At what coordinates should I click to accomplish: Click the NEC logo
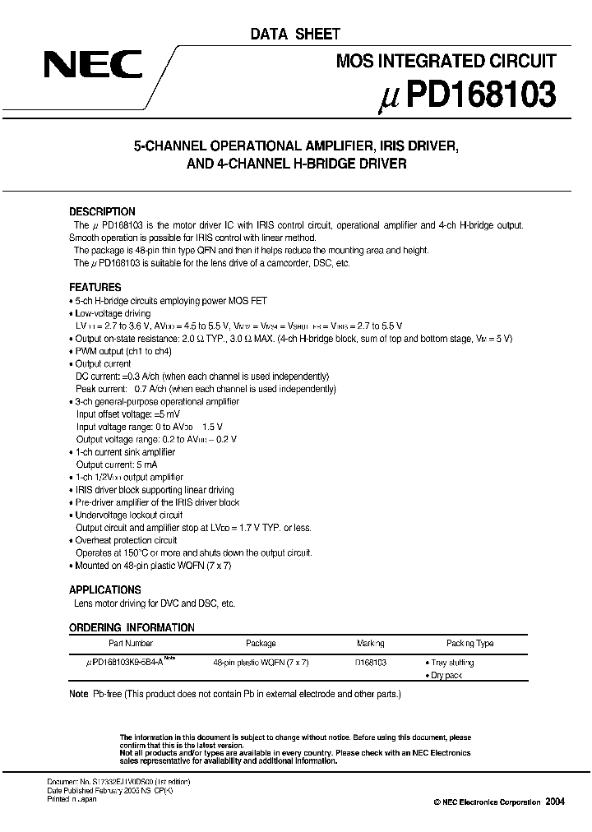coord(93,65)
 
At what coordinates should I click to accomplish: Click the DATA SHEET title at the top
coord(294,34)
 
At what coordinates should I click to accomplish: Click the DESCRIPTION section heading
coord(102,211)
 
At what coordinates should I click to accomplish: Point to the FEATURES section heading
coord(95,288)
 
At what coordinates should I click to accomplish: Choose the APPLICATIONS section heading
coord(104,589)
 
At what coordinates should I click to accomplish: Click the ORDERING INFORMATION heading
coord(132,627)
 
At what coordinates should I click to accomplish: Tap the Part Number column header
coord(130,644)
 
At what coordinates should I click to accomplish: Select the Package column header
coord(261,644)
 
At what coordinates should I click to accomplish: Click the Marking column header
coord(371,644)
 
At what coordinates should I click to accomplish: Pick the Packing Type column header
coord(470,644)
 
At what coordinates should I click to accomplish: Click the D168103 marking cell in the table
coord(371,662)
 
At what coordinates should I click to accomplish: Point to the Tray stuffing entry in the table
coord(451,662)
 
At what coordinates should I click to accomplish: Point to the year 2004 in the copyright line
coord(557,802)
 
